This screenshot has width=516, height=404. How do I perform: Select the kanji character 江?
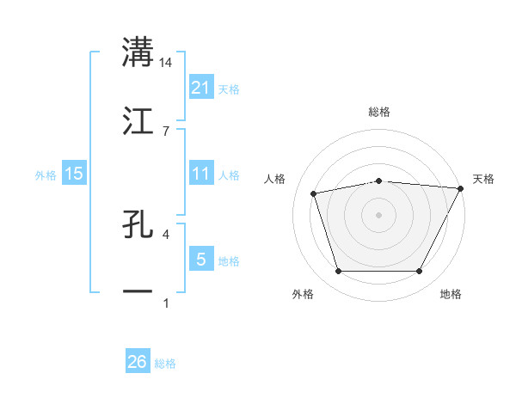click(138, 121)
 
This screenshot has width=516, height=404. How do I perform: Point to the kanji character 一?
click(138, 292)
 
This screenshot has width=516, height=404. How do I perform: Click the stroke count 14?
click(166, 62)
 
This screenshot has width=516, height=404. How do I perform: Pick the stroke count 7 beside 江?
click(166, 131)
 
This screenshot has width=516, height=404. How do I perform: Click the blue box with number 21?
click(200, 88)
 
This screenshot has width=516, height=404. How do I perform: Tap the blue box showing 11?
click(200, 174)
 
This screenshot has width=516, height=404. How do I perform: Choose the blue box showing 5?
click(200, 260)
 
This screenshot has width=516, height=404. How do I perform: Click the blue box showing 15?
click(74, 174)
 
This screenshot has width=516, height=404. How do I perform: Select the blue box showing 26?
click(138, 363)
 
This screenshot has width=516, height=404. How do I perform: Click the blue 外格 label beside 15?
click(46, 174)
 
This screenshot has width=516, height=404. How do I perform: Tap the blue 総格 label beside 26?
click(165, 364)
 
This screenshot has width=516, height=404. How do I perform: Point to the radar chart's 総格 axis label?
click(378, 112)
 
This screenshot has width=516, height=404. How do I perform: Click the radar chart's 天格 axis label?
click(484, 179)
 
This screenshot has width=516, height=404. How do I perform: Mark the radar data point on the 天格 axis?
click(461, 188)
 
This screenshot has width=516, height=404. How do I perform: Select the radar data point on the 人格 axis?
click(314, 193)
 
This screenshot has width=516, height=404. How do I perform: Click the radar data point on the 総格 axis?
click(378, 181)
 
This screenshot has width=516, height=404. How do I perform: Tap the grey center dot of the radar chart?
click(378, 214)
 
